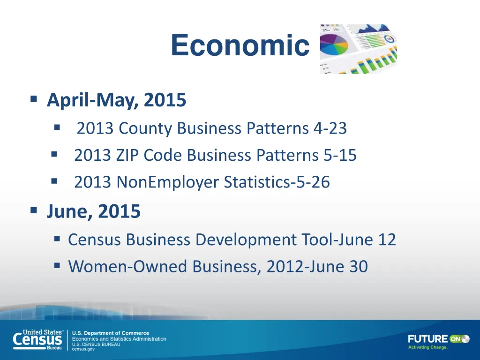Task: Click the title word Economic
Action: click(240, 46)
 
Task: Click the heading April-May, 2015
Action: click(116, 100)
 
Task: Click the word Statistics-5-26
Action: click(277, 182)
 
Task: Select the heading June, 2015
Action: click(93, 212)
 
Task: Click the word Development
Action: click(246, 240)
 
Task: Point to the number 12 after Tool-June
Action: click(387, 240)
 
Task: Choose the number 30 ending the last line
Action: click(358, 267)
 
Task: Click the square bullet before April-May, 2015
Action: click(34, 99)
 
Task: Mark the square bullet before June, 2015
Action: click(34, 210)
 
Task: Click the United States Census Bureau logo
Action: click(37, 339)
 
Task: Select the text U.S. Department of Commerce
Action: click(110, 333)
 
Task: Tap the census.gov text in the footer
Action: click(83, 349)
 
